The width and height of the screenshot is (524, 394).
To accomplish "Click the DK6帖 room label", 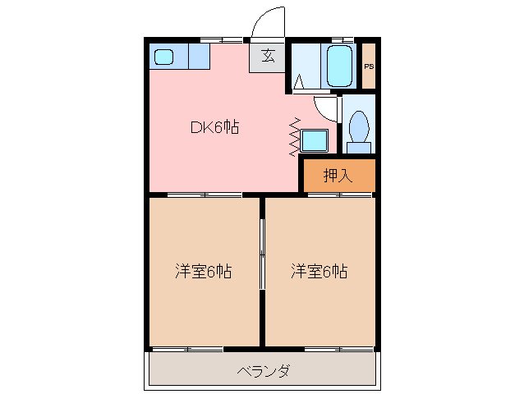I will (x=215, y=127).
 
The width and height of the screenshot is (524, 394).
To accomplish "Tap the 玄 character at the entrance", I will (x=268, y=56).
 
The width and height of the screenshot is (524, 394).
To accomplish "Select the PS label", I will (x=369, y=66).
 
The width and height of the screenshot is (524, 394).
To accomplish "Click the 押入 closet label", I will (x=337, y=174).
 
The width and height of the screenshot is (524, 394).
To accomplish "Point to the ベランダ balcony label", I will (x=263, y=372).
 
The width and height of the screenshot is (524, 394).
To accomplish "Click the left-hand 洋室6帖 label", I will (x=203, y=271).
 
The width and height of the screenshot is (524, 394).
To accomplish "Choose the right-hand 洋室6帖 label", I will (x=319, y=271).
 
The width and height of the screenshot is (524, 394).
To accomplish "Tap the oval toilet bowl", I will (x=358, y=127).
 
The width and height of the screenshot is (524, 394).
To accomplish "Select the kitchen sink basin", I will (x=164, y=57).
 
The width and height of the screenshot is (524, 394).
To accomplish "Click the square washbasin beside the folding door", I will (x=314, y=140).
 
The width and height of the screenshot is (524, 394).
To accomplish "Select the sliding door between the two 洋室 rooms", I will (x=262, y=254).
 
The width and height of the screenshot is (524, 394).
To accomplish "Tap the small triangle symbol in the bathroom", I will (x=300, y=81).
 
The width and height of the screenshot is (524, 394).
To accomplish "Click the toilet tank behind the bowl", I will (x=357, y=148).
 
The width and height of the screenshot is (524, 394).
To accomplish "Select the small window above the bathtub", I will (x=342, y=39).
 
